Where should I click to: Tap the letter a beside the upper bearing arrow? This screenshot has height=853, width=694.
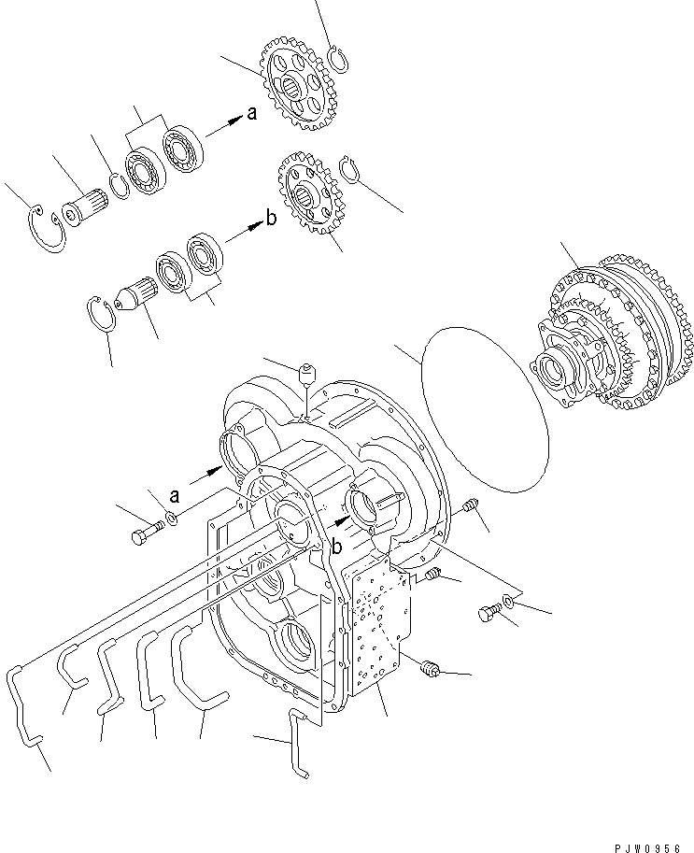(250, 114)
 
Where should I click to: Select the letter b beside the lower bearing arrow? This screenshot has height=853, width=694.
(271, 220)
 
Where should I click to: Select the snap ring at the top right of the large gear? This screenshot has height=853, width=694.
(341, 60)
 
